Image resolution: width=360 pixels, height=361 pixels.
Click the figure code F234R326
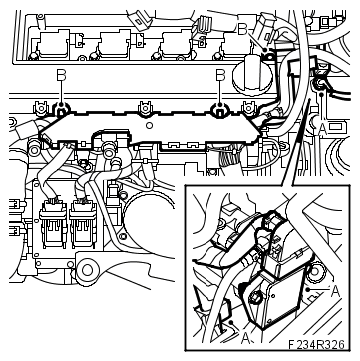click(316, 344)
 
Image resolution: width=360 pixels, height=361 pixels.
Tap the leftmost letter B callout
click(61, 75)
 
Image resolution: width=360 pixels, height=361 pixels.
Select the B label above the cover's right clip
click(220, 75)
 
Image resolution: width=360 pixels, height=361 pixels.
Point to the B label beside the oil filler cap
click(242, 30)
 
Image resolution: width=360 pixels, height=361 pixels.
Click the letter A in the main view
click(322, 128)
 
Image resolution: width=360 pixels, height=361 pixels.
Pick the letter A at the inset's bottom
click(245, 338)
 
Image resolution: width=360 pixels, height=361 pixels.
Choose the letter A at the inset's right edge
click(335, 292)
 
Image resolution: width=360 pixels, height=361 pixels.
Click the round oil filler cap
click(252, 75)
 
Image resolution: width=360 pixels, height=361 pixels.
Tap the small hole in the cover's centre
click(150, 125)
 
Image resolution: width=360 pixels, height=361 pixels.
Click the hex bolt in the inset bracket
click(256, 296)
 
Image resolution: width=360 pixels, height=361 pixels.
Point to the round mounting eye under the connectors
click(88, 270)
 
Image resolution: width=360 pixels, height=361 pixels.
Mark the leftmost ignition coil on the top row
click(53, 43)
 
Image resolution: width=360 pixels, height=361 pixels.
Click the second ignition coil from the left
click(114, 43)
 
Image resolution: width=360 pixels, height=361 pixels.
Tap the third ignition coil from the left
click(176, 43)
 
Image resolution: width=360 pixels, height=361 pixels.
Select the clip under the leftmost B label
click(61, 110)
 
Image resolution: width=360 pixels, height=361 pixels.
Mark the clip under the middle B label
click(219, 109)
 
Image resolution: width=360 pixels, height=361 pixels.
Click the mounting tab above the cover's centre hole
click(145, 108)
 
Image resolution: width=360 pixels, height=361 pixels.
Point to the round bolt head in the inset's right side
click(314, 271)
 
